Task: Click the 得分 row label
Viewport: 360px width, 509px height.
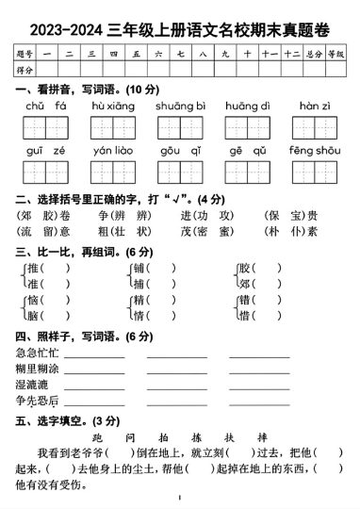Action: tap(25, 69)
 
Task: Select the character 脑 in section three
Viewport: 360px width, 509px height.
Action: tap(33, 315)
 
